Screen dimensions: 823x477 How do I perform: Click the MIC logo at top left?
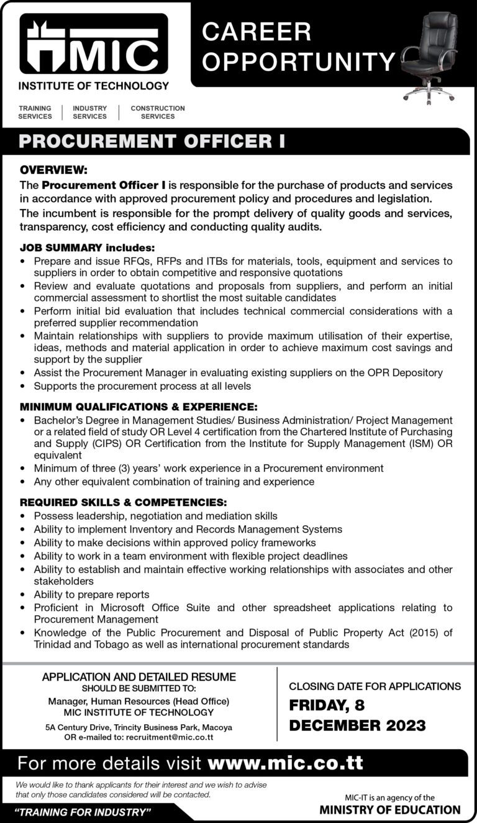coord(94,45)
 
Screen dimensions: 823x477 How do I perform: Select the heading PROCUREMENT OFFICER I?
coord(152,142)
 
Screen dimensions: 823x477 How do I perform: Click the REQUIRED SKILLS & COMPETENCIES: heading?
coord(123,502)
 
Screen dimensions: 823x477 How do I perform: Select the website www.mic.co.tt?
coord(286,763)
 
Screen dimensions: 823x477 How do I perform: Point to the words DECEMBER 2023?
coord(357,725)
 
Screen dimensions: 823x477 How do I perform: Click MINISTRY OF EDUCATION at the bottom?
coord(390,810)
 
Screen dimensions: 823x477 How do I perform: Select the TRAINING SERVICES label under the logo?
coord(35,112)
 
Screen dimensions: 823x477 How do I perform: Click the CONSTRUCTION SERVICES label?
coord(158,112)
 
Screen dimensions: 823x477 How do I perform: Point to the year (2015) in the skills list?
coord(422,633)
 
